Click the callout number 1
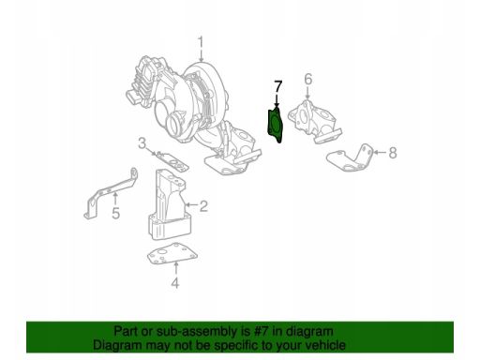(200, 45)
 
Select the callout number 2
(203, 206)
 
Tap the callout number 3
(142, 143)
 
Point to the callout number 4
(175, 283)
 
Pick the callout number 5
(116, 214)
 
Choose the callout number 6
(308, 79)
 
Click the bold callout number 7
(277, 86)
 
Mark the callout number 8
(393, 153)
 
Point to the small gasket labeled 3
(172, 161)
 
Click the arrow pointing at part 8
(380, 153)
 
